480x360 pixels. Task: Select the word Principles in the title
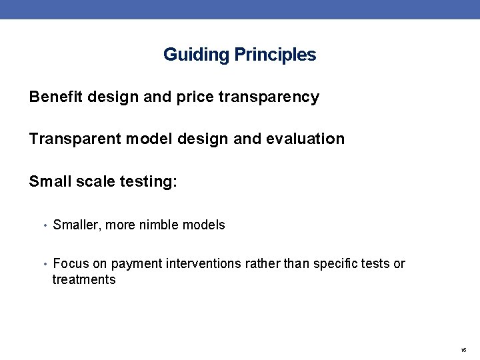[275, 55]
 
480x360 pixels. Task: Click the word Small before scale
[49, 182]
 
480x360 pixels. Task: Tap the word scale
[94, 182]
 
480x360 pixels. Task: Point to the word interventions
[200, 264]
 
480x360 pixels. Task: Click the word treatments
[84, 280]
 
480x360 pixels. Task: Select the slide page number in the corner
[463, 350]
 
